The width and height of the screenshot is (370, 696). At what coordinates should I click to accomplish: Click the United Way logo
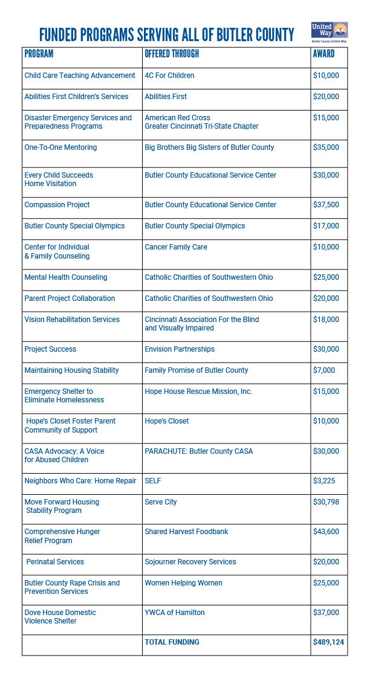coord(330,32)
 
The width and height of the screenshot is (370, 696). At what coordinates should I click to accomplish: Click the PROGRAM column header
coord(39,54)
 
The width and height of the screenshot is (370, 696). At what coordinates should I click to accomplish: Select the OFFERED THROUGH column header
coord(172,54)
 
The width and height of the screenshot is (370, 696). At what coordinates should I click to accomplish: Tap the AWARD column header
coord(323,54)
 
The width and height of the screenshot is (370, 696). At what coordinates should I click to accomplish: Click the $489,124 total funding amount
coord(328,642)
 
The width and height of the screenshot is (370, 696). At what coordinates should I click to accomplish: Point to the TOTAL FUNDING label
coord(172,642)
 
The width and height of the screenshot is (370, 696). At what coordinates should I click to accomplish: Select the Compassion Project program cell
coord(57,205)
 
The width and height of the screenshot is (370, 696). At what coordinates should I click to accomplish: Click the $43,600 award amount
coord(326,532)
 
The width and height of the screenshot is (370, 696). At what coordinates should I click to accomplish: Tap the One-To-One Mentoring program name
coord(60,147)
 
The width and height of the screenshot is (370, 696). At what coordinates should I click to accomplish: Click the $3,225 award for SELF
coord(324,481)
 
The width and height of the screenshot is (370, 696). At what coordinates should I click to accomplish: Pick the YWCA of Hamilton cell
coord(174,613)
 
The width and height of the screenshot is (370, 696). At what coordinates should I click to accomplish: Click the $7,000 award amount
coord(324,370)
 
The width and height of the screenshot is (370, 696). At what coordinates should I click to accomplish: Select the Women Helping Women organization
coord(183,583)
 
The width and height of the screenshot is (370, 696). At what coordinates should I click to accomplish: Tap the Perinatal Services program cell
coord(55,562)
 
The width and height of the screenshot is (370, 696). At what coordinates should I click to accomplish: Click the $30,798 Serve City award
coord(326,502)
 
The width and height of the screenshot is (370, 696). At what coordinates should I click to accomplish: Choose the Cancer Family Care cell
coord(175,247)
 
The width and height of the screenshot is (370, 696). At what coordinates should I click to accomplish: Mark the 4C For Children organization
coord(169,76)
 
